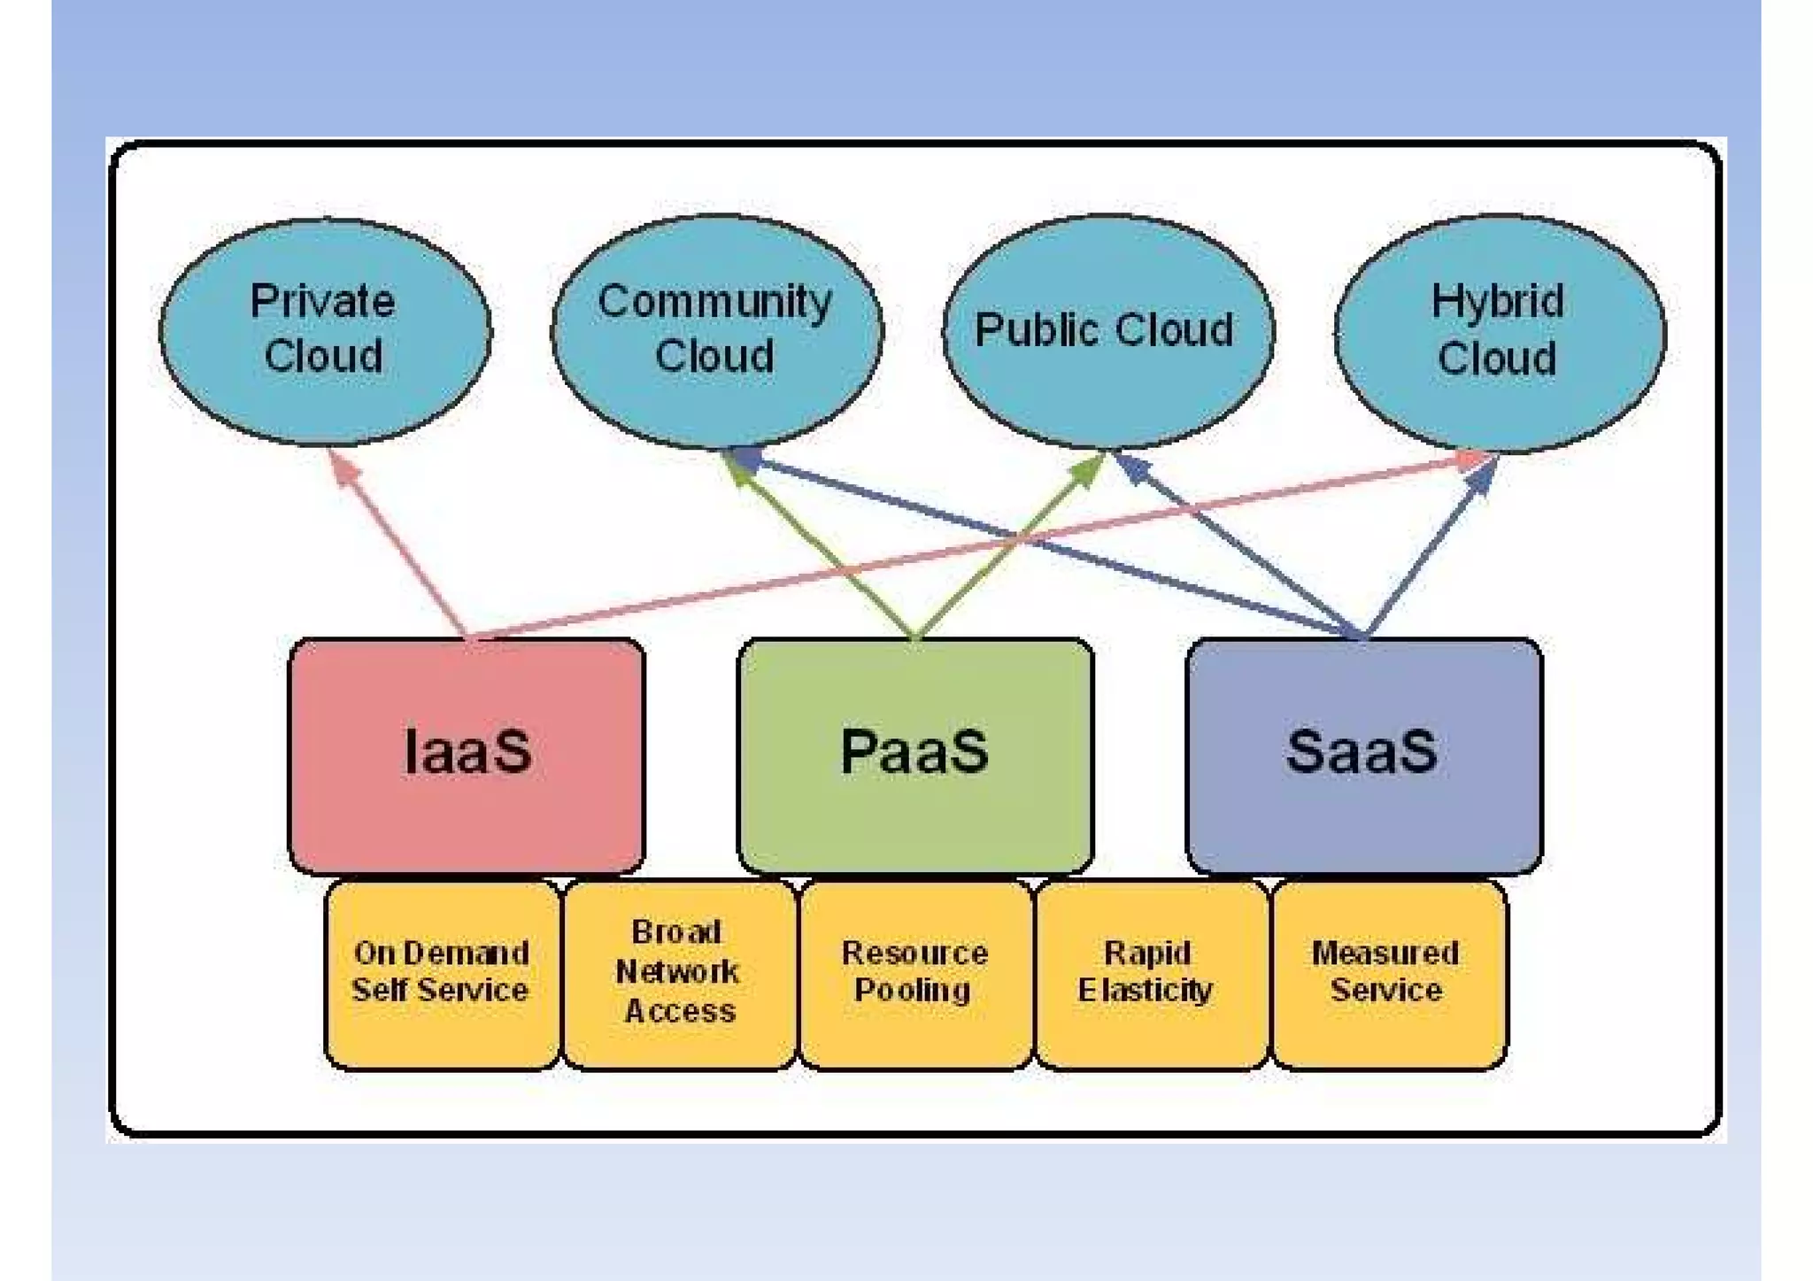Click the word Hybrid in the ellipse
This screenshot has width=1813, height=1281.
(x=1497, y=302)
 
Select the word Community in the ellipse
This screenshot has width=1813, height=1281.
(x=714, y=302)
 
